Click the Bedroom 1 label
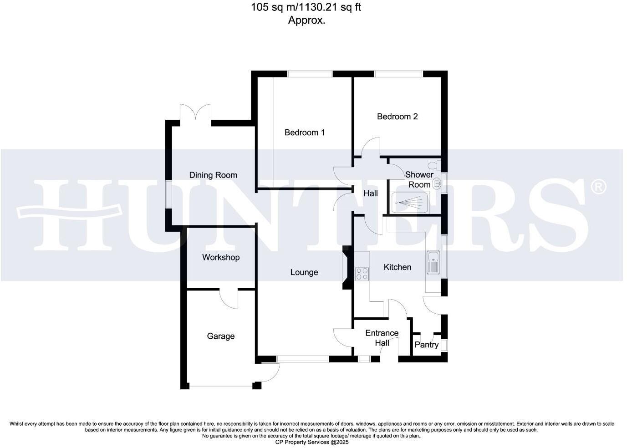(305, 132)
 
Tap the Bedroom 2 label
(397, 117)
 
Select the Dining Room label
(213, 175)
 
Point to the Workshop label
(221, 257)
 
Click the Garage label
(221, 336)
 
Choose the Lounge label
(304, 272)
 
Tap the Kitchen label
(397, 267)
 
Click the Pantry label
(427, 345)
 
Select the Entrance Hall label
(382, 338)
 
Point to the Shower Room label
(419, 179)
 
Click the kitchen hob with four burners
(362, 273)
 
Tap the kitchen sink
(433, 262)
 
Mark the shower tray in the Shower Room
(410, 202)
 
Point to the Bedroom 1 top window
(310, 74)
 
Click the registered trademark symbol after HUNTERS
(598, 187)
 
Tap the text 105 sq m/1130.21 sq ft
(306, 7)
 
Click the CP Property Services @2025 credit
(312, 442)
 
